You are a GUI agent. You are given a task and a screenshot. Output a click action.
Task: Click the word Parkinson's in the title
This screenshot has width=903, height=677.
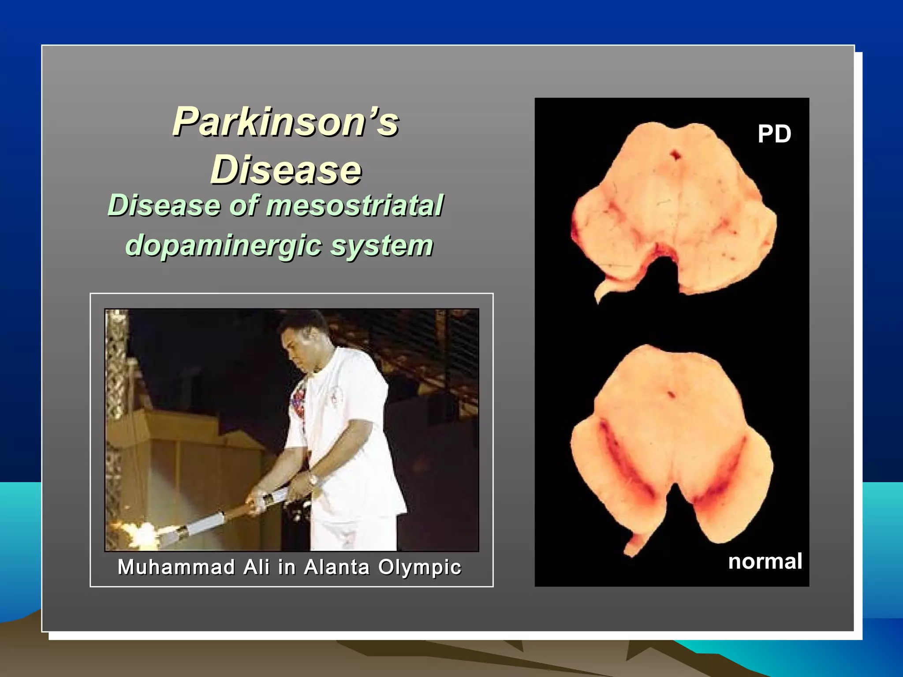tap(285, 122)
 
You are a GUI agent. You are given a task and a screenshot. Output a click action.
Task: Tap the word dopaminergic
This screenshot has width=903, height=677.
tap(224, 245)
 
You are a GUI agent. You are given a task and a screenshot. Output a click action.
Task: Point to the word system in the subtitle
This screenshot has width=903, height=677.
tap(382, 245)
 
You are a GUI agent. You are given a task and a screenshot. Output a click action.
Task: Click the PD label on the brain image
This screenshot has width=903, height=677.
tap(774, 134)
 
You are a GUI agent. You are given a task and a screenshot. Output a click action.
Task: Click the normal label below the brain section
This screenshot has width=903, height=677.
tap(765, 562)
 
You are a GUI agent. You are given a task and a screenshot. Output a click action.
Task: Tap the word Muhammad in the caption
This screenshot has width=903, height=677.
tap(176, 567)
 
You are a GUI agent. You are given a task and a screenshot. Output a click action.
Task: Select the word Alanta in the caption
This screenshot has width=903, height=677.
tap(336, 567)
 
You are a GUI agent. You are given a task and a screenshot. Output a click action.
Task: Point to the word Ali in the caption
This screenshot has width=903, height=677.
tap(256, 567)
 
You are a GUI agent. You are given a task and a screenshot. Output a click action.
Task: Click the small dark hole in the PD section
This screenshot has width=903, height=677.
tap(675, 155)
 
